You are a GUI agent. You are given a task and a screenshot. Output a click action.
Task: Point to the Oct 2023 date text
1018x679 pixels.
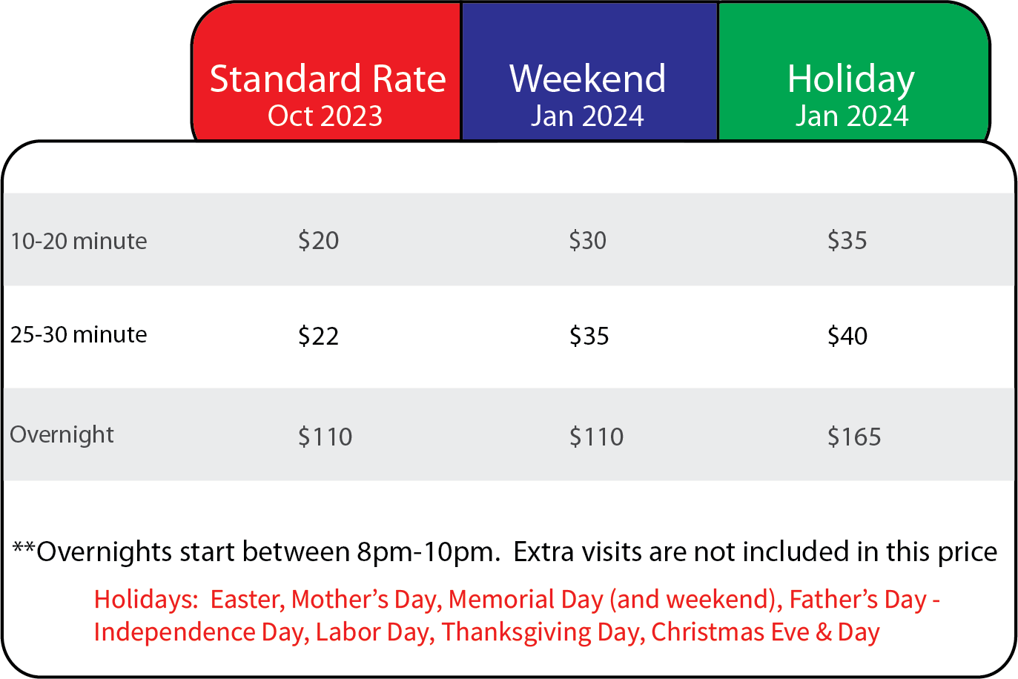pos(325,116)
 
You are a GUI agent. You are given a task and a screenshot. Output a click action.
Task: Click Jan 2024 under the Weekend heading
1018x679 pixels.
pos(588,116)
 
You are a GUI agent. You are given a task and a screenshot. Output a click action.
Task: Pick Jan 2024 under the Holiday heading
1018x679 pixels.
pos(852,116)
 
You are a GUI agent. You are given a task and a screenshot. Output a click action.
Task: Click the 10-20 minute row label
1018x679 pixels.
pos(79,241)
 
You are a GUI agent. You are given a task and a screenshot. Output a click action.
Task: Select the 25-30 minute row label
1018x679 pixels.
pos(79,334)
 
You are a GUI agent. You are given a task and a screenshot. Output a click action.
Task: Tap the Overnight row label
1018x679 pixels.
pos(62,435)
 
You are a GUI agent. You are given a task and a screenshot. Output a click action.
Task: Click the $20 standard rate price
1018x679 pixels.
pos(319,240)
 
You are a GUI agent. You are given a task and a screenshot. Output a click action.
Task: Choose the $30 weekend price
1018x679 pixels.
pos(588,240)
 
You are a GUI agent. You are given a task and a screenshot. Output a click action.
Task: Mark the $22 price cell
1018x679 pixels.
pos(319,337)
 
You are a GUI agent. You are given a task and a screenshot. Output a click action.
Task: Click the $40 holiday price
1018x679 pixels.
pos(847,336)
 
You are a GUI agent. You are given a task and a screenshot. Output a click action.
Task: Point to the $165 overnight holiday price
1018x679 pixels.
pos(854,437)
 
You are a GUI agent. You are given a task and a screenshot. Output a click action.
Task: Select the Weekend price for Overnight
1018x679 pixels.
pos(597,437)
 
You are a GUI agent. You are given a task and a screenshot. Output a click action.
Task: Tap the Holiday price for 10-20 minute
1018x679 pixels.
pos(847,240)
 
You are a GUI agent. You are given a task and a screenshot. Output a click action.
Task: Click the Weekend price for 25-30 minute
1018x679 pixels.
pos(589,337)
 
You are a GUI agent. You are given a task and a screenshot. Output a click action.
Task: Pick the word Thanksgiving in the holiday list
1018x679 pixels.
pos(517,632)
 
